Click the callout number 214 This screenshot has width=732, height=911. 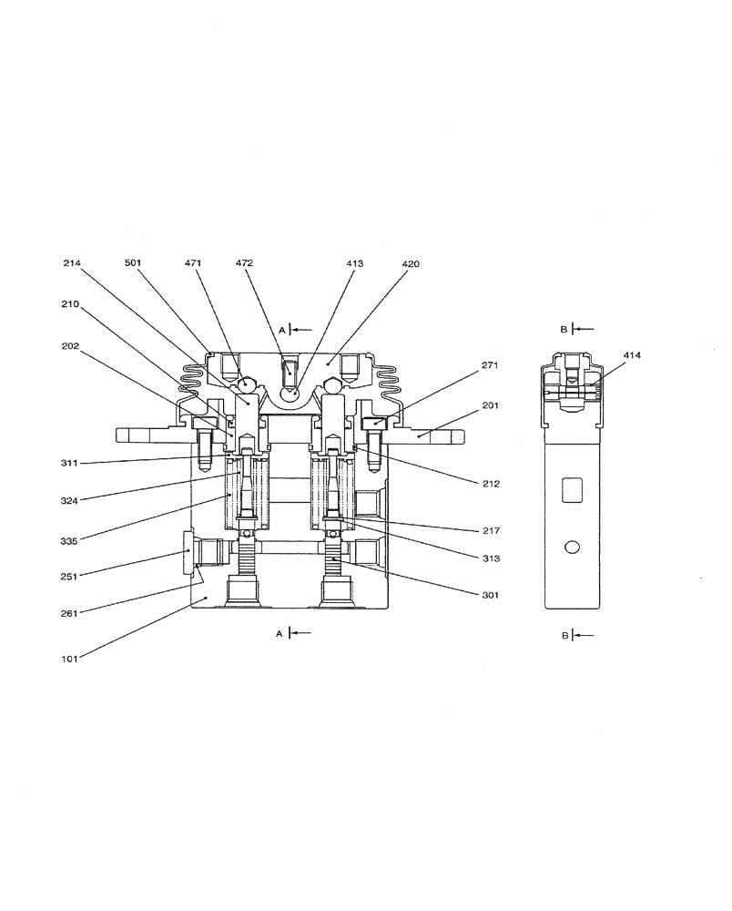click(72, 262)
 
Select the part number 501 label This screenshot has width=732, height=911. click(134, 262)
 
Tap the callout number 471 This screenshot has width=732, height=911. click(192, 262)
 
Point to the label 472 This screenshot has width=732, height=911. click(244, 262)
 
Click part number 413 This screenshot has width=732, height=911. click(354, 262)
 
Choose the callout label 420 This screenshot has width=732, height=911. click(411, 262)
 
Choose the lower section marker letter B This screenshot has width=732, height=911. click(564, 635)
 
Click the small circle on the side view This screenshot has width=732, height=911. click(573, 547)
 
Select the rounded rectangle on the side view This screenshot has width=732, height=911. click(573, 491)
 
